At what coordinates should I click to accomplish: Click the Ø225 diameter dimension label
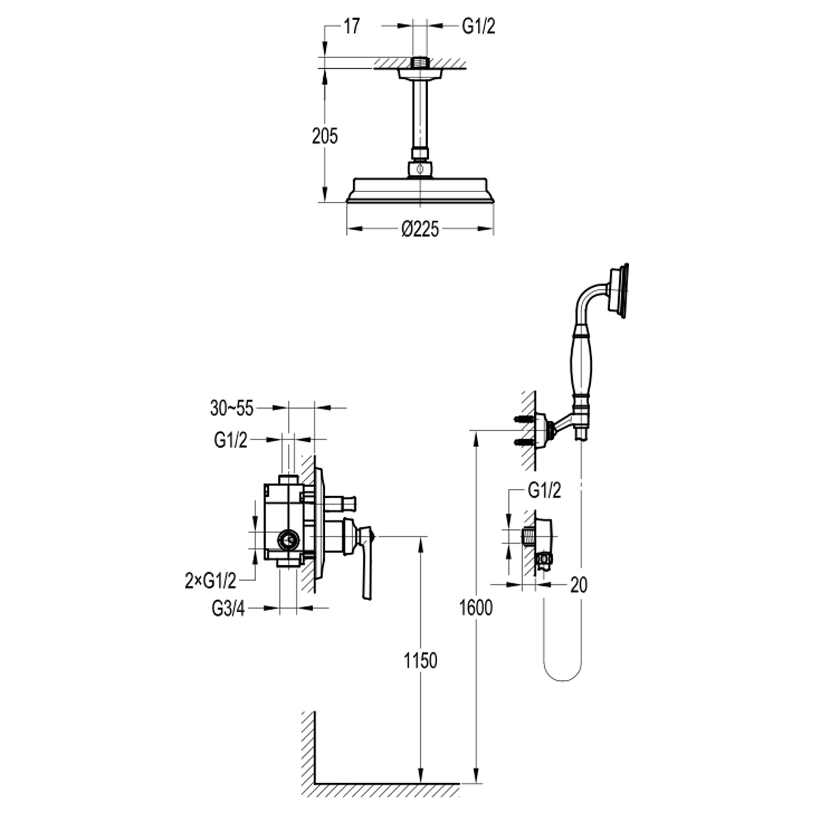tap(420, 229)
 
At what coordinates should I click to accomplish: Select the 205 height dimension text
tap(325, 136)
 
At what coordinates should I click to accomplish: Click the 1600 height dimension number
tap(476, 608)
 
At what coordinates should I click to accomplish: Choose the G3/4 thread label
tap(228, 609)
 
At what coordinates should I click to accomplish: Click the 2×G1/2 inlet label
tap(211, 581)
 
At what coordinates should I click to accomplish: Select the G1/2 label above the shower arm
tap(479, 26)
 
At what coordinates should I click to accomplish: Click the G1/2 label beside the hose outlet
tap(545, 491)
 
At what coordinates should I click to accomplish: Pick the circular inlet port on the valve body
tap(288, 539)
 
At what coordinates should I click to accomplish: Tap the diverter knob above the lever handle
tap(341, 503)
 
